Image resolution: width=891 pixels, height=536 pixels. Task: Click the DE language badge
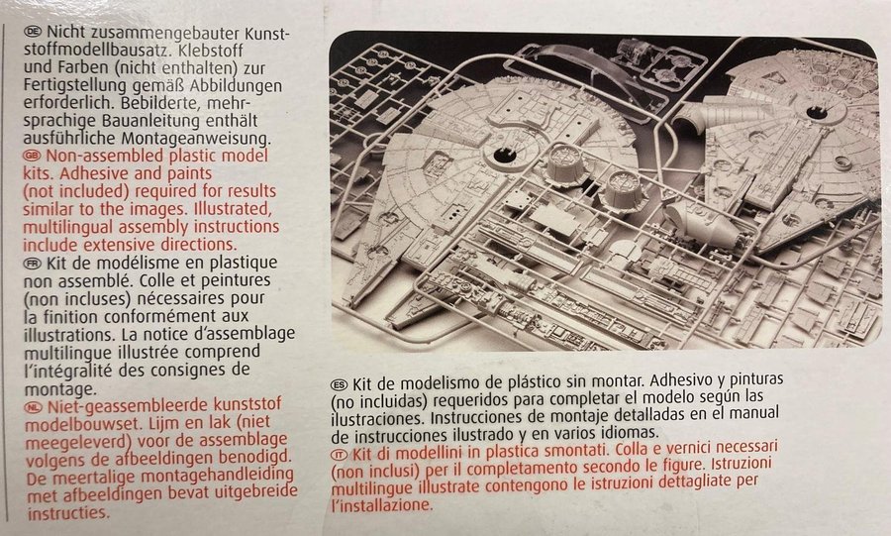[33, 32]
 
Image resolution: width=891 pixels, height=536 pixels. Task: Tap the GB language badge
[33, 156]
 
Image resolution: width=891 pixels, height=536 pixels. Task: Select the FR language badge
[33, 263]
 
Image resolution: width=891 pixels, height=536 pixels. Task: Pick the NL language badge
[34, 406]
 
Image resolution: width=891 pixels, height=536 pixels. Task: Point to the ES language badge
[340, 384]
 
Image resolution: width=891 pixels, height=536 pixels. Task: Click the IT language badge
[340, 454]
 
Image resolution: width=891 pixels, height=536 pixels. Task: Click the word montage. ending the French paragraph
[59, 390]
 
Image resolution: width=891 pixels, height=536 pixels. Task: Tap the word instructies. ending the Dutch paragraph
[68, 513]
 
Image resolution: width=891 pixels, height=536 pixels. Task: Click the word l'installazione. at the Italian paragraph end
[382, 504]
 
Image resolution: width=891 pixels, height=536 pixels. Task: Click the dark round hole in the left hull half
[504, 155]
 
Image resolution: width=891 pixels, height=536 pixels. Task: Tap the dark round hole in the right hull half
[817, 112]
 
